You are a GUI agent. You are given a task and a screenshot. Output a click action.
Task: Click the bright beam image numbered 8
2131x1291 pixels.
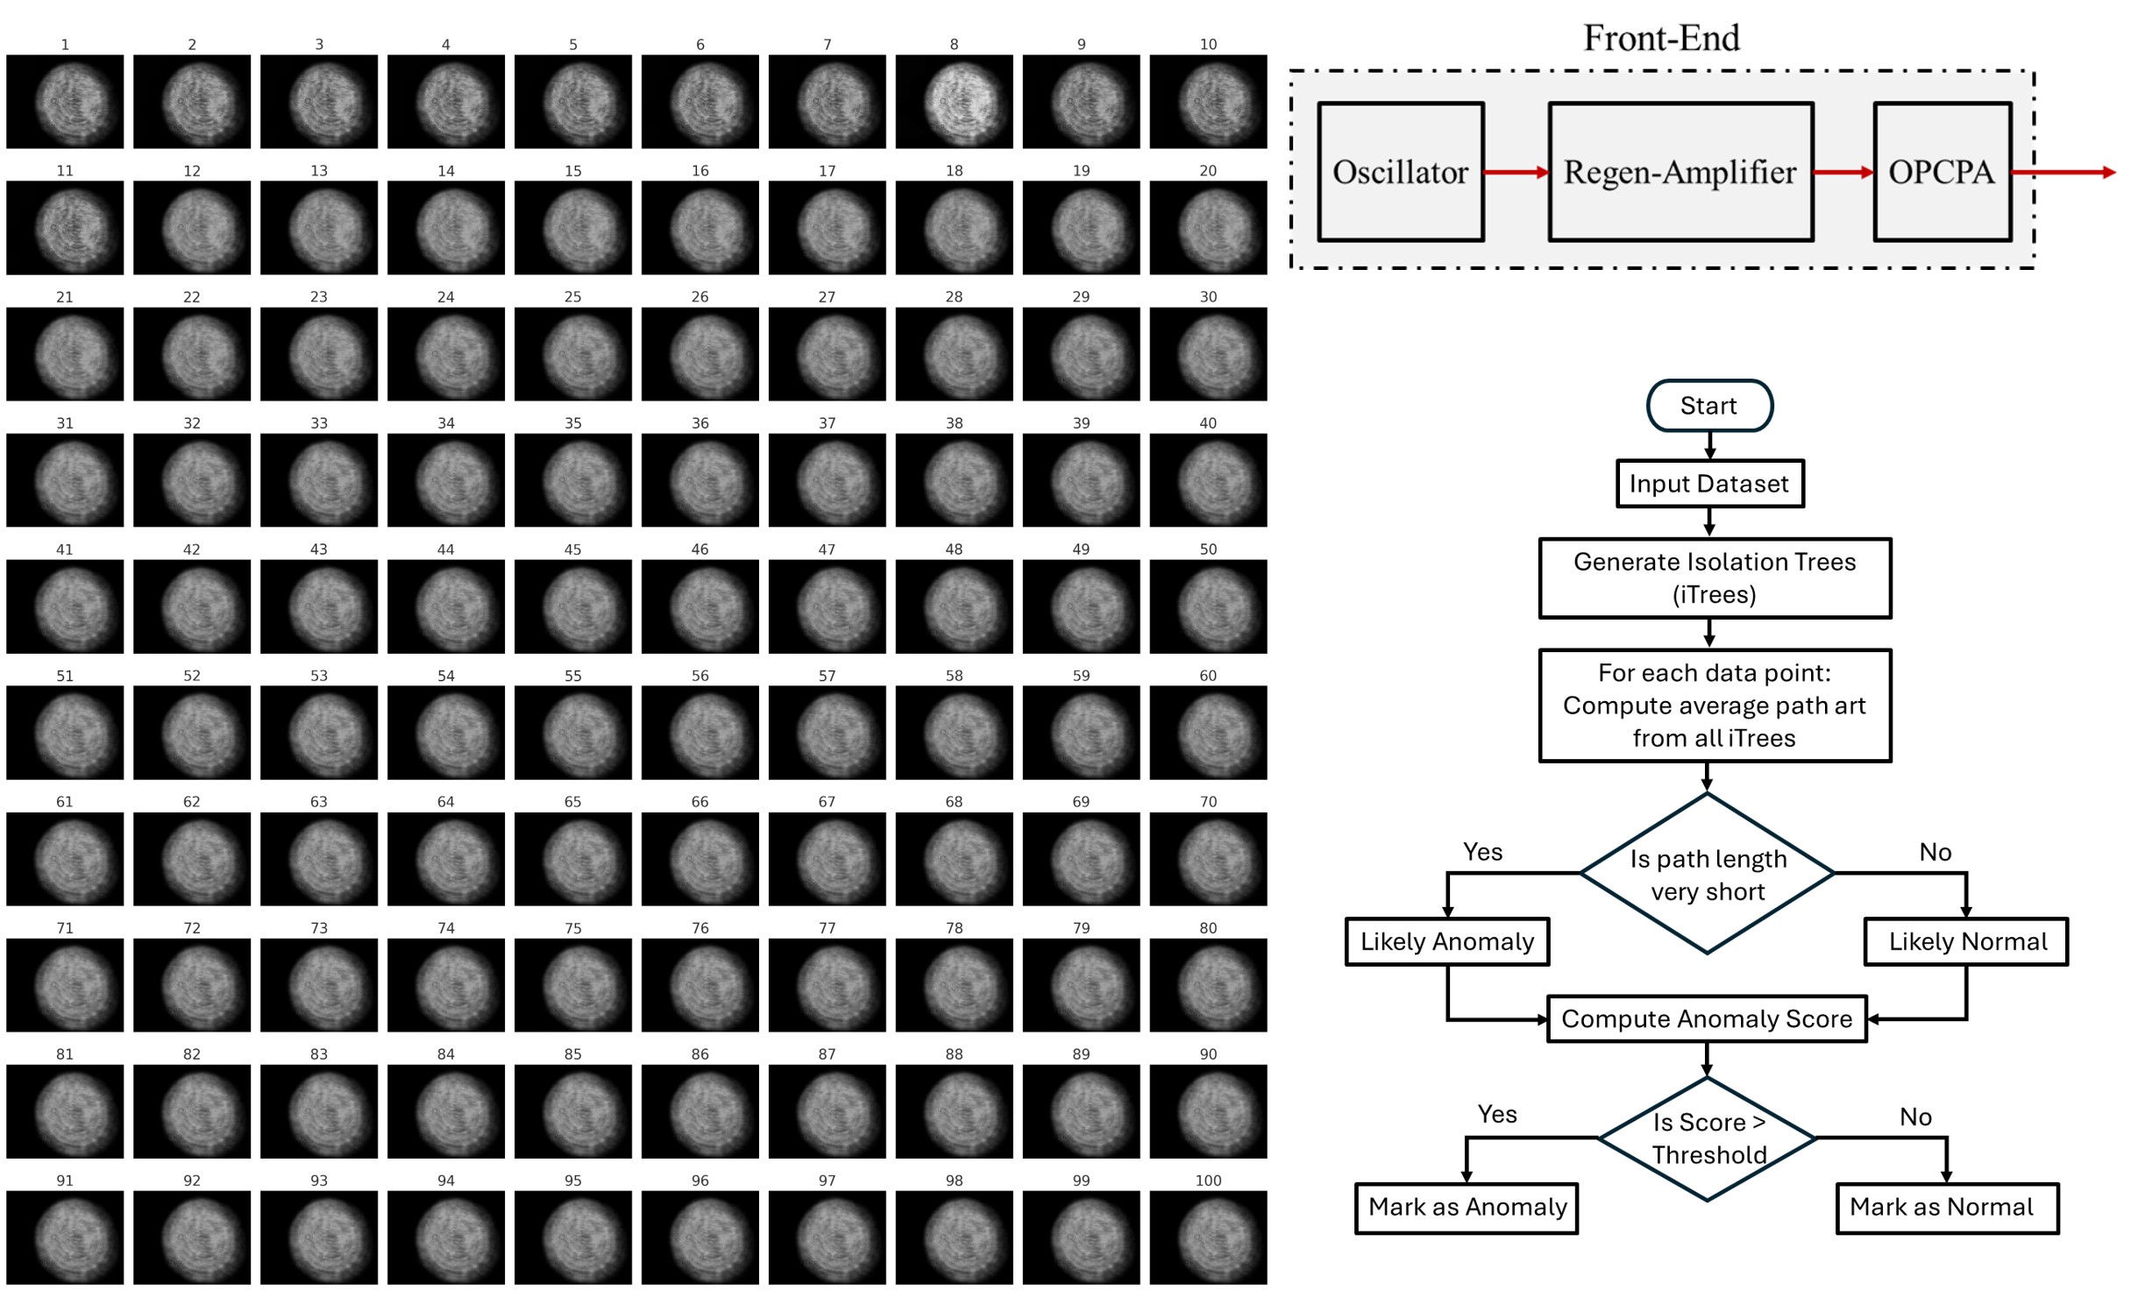tap(954, 101)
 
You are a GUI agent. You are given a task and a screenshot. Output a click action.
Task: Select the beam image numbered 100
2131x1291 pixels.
tap(1208, 1237)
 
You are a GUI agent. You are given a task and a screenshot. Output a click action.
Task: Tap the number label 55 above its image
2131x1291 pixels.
tap(572, 676)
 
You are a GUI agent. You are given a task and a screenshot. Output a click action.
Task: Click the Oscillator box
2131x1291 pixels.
tap(1400, 172)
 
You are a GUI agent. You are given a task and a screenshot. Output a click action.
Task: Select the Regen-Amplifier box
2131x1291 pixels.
tap(1680, 172)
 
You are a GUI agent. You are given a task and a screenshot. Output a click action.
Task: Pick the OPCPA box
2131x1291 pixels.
tap(1942, 172)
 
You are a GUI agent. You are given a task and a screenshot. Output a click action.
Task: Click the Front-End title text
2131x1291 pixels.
tap(1660, 38)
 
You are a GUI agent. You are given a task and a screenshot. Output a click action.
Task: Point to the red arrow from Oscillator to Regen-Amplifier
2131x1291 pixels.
tap(1516, 173)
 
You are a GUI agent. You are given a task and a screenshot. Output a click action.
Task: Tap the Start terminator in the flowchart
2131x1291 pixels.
tap(1708, 406)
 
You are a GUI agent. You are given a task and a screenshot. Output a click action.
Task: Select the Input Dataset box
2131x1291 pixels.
tap(1708, 484)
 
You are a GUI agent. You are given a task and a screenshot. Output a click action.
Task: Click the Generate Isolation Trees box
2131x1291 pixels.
tap(1714, 578)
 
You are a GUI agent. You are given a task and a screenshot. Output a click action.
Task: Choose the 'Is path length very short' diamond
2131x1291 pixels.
tap(1707, 874)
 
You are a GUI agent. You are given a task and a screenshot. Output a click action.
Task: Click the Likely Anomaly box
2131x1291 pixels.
tap(1446, 941)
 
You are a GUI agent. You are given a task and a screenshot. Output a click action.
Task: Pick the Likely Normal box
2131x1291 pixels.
tap(1966, 941)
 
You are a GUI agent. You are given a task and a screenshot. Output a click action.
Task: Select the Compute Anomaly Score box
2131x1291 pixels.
tap(1706, 1018)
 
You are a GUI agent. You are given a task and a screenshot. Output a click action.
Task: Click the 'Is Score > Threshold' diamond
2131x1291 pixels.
tap(1707, 1138)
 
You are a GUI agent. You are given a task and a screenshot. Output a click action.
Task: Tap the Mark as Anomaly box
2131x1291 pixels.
tap(1467, 1208)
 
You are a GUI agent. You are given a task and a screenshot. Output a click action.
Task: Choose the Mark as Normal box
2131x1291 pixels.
tap(1947, 1208)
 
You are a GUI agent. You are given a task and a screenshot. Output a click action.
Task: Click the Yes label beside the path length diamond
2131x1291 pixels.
tap(1482, 852)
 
